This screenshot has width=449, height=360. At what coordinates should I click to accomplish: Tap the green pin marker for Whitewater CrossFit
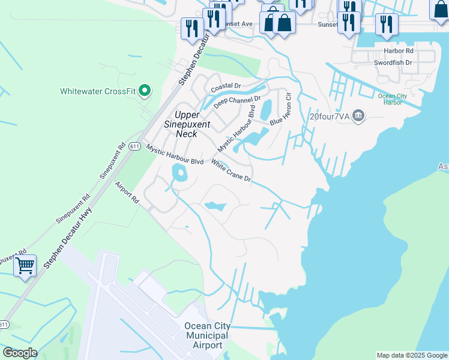click(x=144, y=91)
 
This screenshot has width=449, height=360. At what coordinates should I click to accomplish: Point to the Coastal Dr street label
click(x=225, y=86)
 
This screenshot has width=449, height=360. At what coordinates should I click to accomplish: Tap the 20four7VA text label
click(x=329, y=116)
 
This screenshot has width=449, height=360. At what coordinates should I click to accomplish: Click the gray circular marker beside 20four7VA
click(x=358, y=115)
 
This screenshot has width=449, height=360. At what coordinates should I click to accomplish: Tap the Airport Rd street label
click(x=127, y=194)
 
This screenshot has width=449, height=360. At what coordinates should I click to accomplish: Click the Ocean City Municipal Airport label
click(x=206, y=335)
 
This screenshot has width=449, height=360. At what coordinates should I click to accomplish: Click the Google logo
click(x=20, y=353)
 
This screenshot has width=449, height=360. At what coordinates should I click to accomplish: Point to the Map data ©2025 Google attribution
click(x=412, y=355)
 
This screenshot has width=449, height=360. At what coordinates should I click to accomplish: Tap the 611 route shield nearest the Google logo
click(x=4, y=325)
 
